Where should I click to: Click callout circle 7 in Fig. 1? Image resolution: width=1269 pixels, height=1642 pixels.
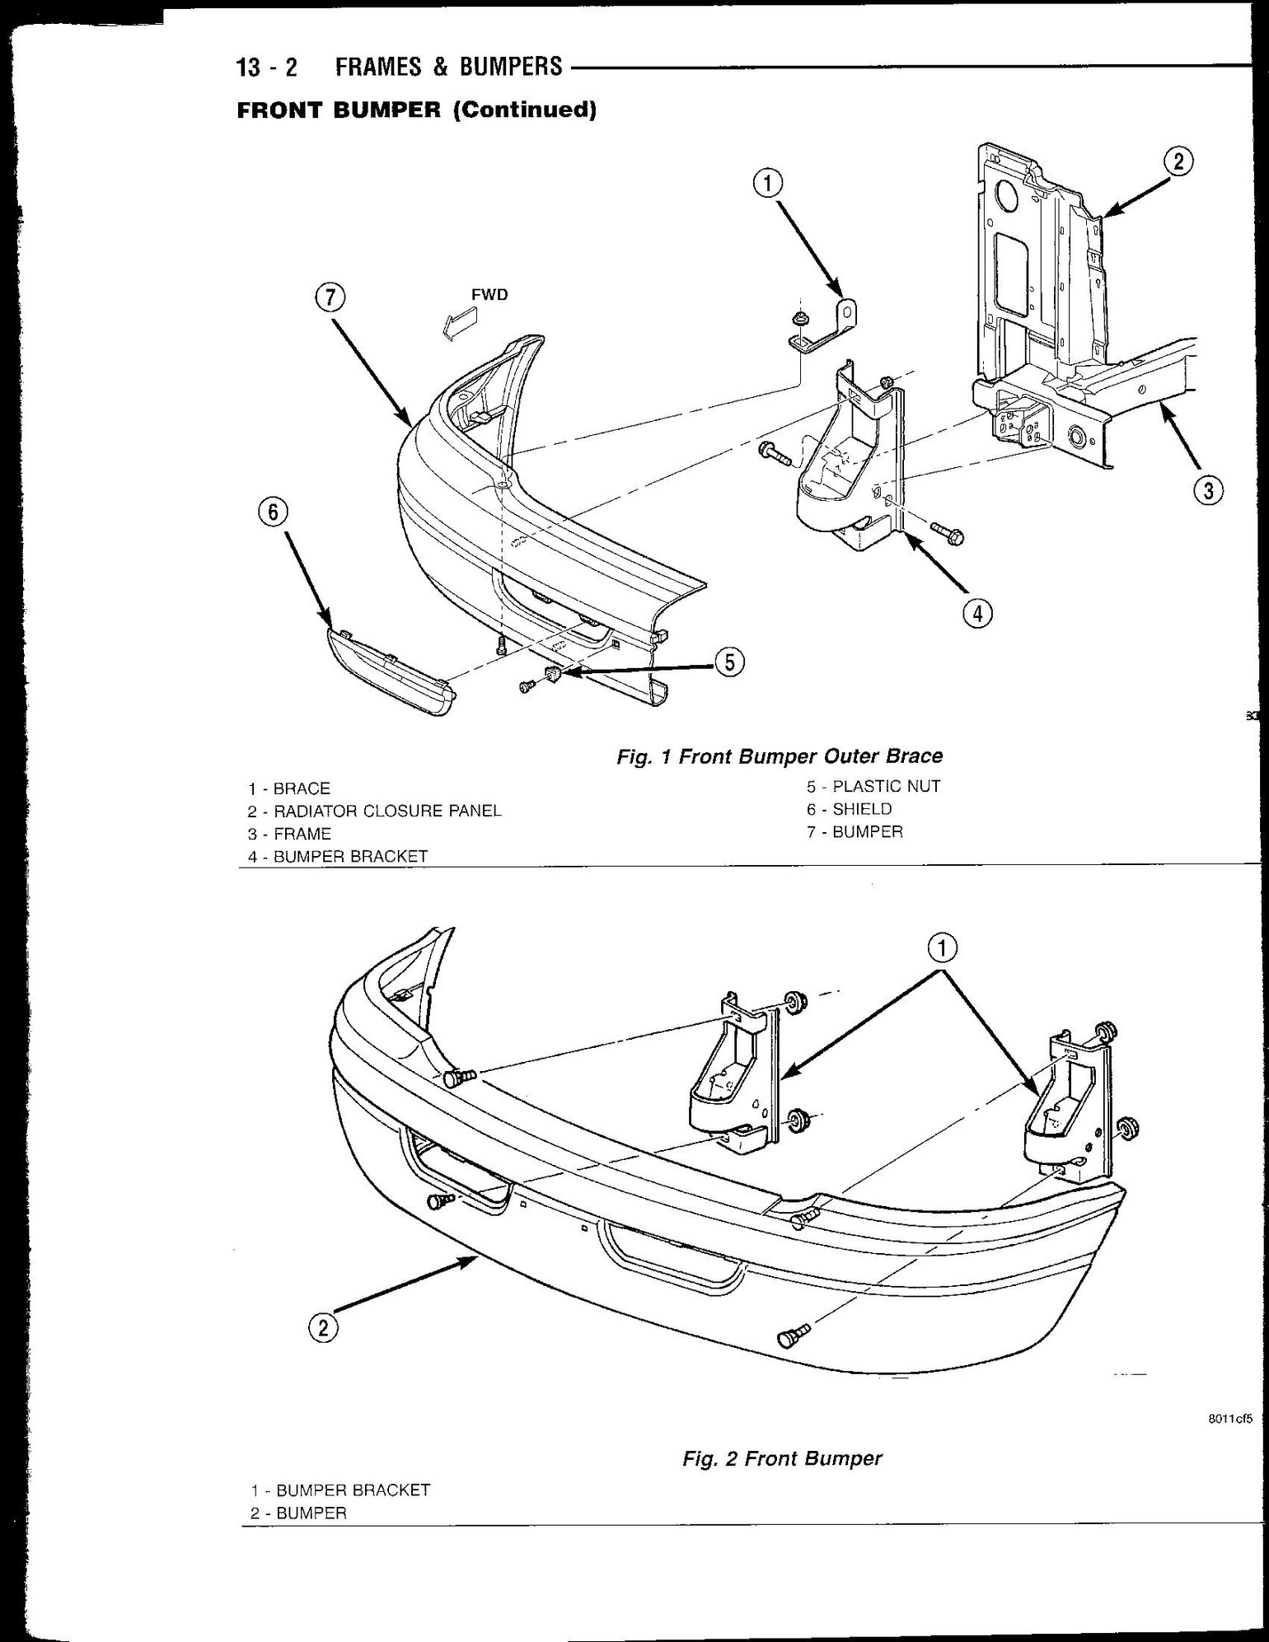[x=328, y=298]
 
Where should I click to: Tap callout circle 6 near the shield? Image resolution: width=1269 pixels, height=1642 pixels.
[x=272, y=512]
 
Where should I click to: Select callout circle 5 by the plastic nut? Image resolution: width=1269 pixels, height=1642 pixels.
[x=729, y=662]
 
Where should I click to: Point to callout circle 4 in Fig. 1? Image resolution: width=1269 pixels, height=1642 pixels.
[x=976, y=613]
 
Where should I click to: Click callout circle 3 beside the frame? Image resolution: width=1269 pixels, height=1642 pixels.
[x=1208, y=492]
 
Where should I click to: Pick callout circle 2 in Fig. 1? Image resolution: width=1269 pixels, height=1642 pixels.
[x=1178, y=161]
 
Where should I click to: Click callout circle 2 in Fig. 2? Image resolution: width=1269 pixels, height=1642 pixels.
[x=323, y=1327]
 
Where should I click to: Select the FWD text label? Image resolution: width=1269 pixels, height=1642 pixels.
[x=489, y=295]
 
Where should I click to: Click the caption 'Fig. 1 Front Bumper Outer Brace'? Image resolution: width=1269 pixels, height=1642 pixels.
[x=780, y=756]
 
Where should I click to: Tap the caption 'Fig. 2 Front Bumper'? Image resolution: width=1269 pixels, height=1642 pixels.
[x=782, y=1458]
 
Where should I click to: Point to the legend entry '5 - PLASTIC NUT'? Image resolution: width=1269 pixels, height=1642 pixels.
[x=873, y=786]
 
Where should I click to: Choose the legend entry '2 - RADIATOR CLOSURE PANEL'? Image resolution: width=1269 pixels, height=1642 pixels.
[x=374, y=811]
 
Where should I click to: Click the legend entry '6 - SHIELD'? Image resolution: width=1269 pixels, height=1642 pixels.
[x=850, y=809]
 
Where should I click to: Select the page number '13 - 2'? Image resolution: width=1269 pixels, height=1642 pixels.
[x=267, y=67]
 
